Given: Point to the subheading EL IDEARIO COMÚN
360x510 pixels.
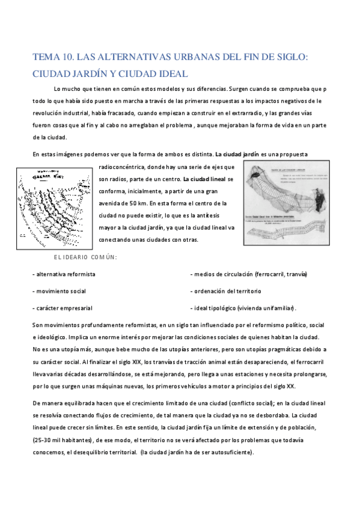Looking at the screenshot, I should (85, 257).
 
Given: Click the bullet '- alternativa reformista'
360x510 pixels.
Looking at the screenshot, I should (64, 274).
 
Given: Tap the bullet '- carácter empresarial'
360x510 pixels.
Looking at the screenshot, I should (63, 308).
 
